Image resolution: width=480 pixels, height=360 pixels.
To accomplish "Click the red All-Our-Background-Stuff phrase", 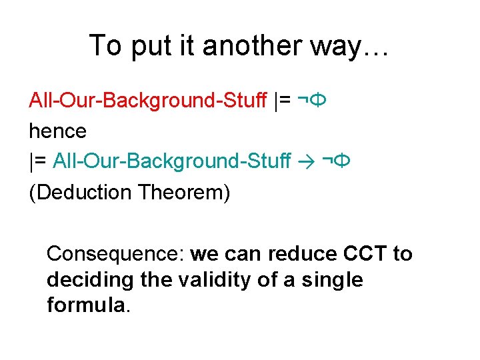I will [x=149, y=101].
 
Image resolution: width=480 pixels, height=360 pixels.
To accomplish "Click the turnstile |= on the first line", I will [x=282, y=101].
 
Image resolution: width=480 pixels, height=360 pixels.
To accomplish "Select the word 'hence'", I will [x=57, y=131].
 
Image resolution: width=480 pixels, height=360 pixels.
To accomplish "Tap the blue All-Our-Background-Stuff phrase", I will [x=172, y=161].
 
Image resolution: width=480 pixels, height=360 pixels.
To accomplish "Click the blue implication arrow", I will [x=307, y=161].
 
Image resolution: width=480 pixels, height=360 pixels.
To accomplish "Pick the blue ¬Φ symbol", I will [x=337, y=161].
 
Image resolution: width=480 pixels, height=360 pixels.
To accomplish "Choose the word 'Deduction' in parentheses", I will [x=83, y=193].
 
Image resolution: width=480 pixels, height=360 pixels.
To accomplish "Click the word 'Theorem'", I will [x=183, y=193].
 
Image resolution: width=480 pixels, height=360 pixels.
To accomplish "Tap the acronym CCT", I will [x=365, y=254].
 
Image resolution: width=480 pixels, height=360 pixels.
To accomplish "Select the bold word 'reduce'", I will [x=304, y=254].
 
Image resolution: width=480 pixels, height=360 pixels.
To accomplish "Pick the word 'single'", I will [x=331, y=280].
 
